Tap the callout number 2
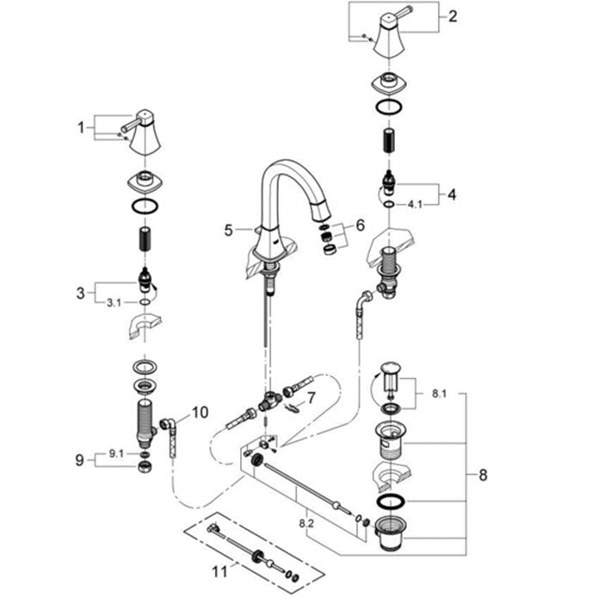point(454,15)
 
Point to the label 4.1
point(415,205)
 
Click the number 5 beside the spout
point(228,230)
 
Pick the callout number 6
point(360,225)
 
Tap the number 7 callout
point(311,397)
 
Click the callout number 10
point(200,412)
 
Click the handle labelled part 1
point(143,133)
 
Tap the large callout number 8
point(483,474)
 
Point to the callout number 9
point(81,460)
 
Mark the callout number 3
point(81,293)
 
